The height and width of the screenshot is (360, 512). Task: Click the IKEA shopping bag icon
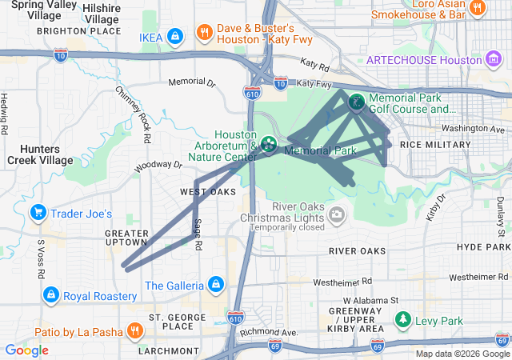[176, 37]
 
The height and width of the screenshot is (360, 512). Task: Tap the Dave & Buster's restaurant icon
[205, 33]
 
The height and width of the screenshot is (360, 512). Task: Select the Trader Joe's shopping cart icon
[38, 213]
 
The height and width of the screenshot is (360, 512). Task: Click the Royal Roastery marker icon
[51, 295]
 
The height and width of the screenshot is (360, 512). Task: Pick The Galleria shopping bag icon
[215, 285]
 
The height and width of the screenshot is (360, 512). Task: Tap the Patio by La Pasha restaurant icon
[134, 330]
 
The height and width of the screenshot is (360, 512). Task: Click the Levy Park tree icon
[403, 321]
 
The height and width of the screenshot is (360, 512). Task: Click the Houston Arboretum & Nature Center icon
[270, 144]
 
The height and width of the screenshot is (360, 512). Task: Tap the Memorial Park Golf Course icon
[355, 102]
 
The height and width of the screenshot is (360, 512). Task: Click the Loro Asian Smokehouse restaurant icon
[478, 9]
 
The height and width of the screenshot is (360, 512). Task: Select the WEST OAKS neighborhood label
[208, 192]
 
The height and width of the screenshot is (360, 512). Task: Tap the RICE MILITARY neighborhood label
[435, 145]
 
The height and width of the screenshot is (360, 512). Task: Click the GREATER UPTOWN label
[127, 237]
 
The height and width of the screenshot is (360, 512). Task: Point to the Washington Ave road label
[474, 129]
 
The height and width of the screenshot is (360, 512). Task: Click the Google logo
[26, 350]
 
